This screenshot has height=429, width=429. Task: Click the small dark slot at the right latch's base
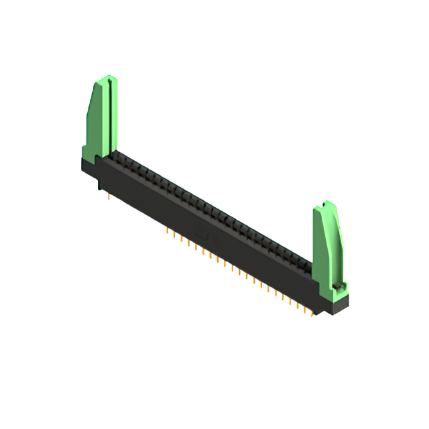339,288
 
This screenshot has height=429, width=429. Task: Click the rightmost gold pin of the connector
313,314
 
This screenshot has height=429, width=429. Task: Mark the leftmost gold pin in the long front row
167,230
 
